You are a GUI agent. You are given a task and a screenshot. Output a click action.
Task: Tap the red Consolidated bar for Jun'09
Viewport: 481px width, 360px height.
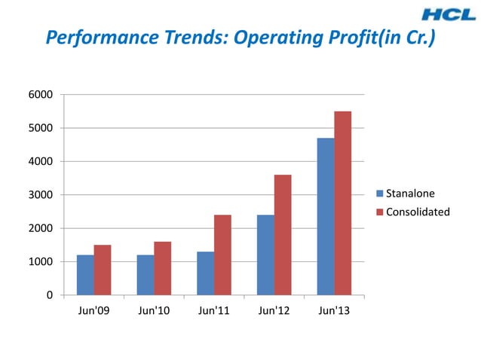[103, 270]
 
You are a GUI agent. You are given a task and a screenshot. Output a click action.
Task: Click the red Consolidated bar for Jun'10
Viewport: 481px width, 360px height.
[163, 267]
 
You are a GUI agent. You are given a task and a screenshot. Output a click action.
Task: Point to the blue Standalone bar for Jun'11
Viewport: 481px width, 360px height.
[205, 273]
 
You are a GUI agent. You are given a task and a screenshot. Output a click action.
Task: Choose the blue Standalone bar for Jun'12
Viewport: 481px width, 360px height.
[265, 255]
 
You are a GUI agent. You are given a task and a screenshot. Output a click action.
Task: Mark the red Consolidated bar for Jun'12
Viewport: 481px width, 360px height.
[283, 234]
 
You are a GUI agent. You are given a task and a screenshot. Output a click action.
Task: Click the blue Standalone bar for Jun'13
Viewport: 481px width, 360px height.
[326, 216]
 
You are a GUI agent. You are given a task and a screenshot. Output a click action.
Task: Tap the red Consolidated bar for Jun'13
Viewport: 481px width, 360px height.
[343, 203]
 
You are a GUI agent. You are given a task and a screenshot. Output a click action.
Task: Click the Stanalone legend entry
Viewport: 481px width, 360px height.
[409, 194]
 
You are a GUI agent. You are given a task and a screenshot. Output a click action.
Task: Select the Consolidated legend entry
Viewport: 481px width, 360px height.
[417, 212]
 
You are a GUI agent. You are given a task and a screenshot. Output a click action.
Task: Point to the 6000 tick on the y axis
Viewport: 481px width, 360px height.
[41, 95]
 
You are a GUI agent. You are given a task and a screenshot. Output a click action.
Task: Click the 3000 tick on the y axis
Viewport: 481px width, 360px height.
[41, 195]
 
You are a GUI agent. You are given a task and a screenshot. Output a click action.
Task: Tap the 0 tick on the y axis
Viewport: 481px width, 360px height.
[50, 295]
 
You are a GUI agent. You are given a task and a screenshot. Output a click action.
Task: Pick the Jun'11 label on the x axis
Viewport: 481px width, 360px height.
[214, 311]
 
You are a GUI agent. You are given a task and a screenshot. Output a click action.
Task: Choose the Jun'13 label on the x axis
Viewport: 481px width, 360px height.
[334, 311]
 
